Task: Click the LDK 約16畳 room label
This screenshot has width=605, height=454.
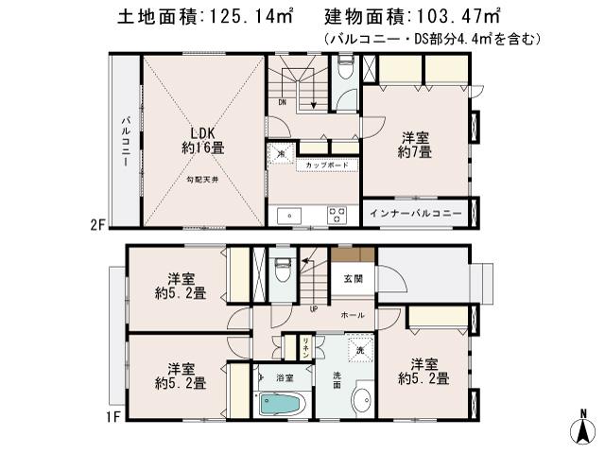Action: (204, 140)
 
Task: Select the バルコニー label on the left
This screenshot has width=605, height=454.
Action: (125, 142)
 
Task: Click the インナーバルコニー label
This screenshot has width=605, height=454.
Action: (416, 214)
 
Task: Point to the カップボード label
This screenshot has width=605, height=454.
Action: (327, 166)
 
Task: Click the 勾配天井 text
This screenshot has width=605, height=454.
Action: (203, 180)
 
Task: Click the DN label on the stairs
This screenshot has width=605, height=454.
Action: (282, 102)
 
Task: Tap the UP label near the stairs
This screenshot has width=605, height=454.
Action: (313, 308)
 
